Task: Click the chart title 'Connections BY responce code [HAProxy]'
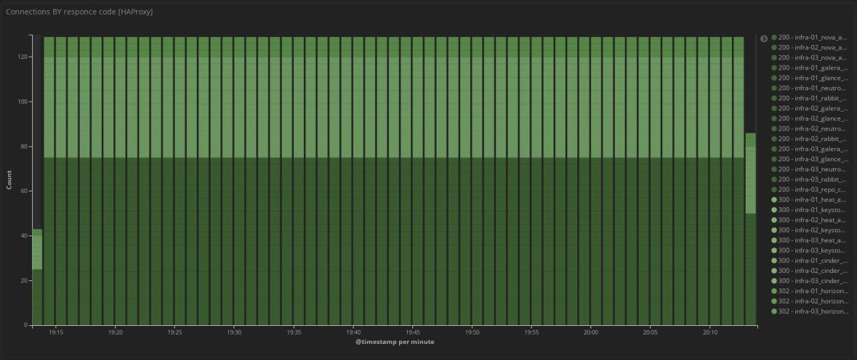click(x=79, y=12)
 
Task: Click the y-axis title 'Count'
click(x=9, y=180)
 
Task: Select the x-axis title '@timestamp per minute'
click(x=394, y=342)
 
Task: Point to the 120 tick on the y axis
click(x=21, y=57)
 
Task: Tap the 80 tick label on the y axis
click(x=23, y=147)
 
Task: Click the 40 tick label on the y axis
click(x=23, y=236)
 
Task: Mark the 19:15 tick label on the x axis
click(x=56, y=332)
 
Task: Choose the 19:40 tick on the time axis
click(x=354, y=332)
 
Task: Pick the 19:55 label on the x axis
click(x=532, y=332)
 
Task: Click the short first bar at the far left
click(x=37, y=281)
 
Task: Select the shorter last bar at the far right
click(x=751, y=234)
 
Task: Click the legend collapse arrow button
click(x=764, y=39)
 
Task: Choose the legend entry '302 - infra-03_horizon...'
click(x=813, y=311)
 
